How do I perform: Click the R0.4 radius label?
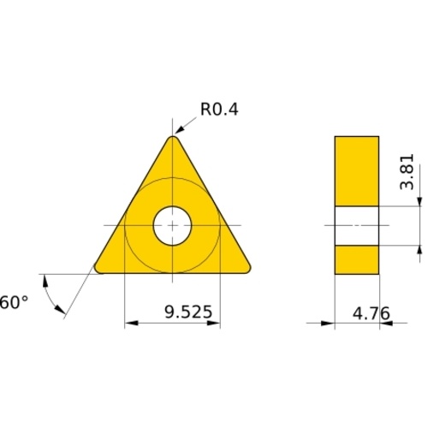(x=219, y=109)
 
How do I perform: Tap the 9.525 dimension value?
(x=188, y=312)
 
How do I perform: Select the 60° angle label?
(x=14, y=302)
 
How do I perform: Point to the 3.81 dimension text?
(x=407, y=172)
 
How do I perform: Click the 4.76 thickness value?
(x=372, y=313)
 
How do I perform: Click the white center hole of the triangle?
(x=172, y=225)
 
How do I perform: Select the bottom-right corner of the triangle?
(x=247, y=269)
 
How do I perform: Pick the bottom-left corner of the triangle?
(x=98, y=269)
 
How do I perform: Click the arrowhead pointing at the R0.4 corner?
(x=179, y=130)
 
